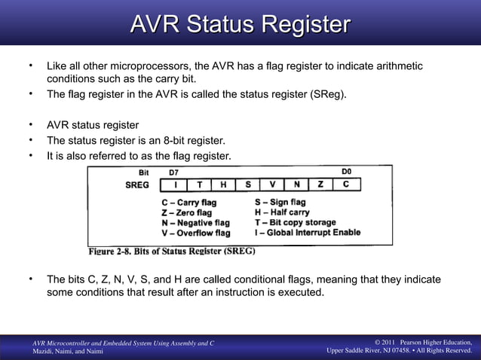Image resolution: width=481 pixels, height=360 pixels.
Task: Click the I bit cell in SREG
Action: (x=175, y=185)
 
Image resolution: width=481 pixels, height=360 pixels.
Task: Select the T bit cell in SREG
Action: (x=199, y=185)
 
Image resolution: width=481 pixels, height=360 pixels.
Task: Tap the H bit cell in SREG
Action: (x=223, y=185)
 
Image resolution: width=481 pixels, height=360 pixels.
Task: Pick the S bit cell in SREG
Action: (x=248, y=185)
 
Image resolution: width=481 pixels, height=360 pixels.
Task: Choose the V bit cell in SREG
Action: (x=272, y=185)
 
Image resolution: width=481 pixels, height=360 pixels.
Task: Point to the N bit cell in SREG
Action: (x=296, y=185)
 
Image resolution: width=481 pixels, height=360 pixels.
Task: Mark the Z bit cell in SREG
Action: (x=321, y=185)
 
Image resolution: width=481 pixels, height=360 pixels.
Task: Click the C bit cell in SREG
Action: (x=346, y=185)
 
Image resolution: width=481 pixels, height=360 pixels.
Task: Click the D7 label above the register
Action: (x=174, y=172)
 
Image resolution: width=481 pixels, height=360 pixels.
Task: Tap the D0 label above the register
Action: (x=348, y=172)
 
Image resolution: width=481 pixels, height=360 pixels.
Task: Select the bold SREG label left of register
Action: (x=136, y=185)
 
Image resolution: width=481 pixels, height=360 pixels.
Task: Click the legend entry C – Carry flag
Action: (x=188, y=203)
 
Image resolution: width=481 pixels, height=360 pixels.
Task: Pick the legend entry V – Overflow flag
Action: (x=196, y=233)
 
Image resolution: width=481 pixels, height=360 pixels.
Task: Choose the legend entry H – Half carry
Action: (x=282, y=212)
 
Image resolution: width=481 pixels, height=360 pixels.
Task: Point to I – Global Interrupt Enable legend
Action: (x=308, y=233)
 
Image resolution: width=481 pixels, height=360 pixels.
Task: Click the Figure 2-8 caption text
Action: (x=172, y=251)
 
